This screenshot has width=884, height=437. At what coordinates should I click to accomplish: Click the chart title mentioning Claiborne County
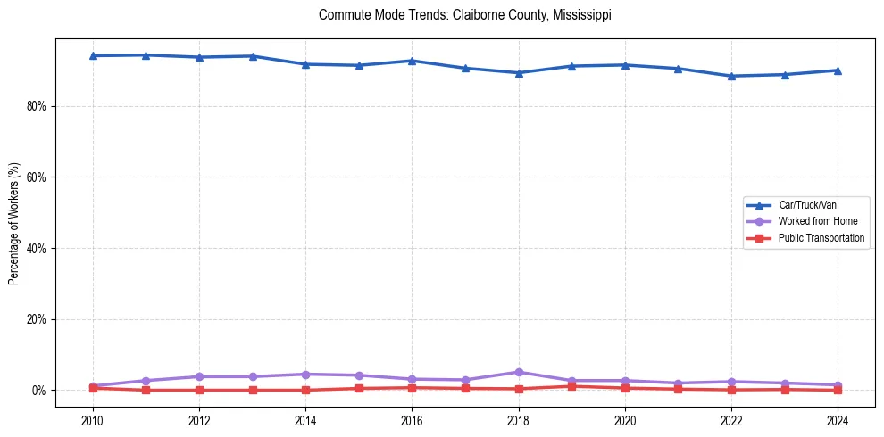coord(464,15)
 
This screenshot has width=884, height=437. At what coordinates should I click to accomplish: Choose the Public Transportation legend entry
coord(821,238)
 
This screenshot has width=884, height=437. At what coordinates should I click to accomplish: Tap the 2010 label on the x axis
coord(93,419)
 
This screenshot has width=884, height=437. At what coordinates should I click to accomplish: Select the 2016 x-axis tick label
coord(412,419)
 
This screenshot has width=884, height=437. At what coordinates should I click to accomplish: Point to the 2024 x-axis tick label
coord(838,419)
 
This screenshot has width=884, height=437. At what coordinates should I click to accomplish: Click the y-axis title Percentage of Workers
coord(14,223)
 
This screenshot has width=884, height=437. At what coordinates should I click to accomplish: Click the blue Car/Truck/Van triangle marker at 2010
coord(93,55)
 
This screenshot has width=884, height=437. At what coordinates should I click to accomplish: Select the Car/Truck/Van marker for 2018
coord(519,73)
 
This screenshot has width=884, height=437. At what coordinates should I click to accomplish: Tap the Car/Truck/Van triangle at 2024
coord(838,70)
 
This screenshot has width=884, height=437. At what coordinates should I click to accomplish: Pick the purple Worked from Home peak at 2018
coord(519,372)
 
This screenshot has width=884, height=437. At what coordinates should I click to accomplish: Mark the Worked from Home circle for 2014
coord(305,375)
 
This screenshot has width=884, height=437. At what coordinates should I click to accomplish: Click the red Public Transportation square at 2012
coord(199,390)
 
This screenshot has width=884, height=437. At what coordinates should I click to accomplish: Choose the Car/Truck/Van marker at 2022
coord(731,76)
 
